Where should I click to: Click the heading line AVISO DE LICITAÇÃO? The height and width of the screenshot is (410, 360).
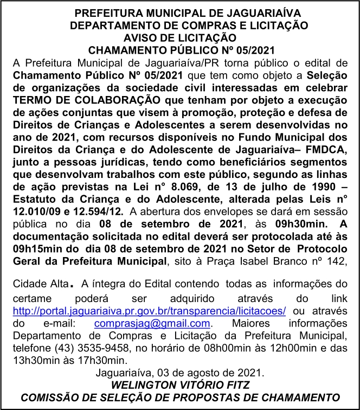[180, 37]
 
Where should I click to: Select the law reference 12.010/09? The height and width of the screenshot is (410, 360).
[35, 213]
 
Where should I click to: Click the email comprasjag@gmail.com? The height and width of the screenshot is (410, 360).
[151, 323]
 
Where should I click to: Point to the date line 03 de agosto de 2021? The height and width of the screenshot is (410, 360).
[180, 373]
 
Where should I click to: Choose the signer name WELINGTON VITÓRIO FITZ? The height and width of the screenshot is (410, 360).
[180, 385]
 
